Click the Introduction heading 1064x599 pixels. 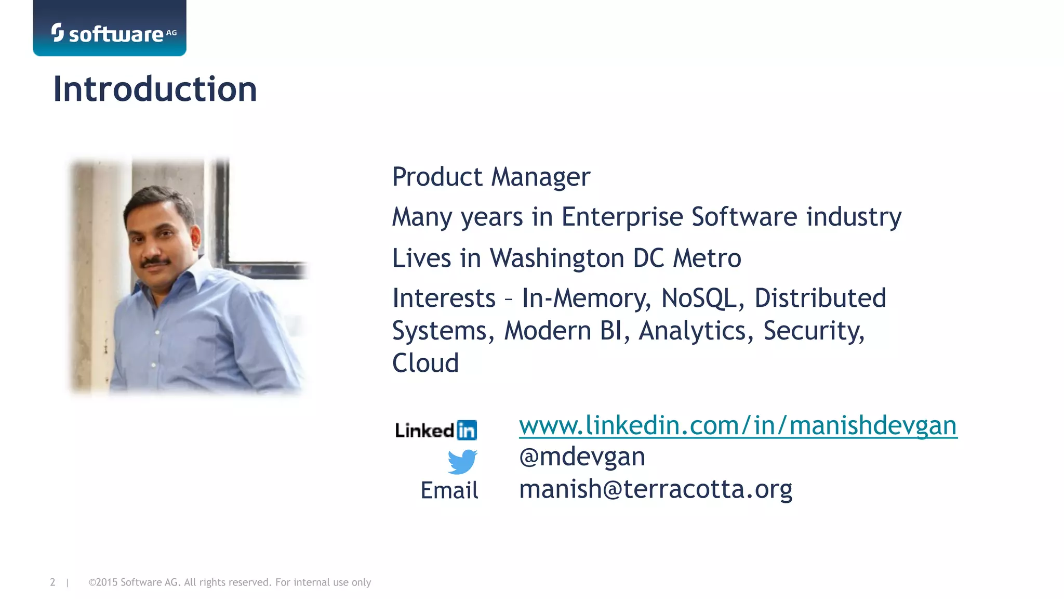[155, 89]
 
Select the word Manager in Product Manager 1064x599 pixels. [540, 177]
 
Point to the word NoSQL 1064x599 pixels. [702, 298]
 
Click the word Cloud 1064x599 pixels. [425, 363]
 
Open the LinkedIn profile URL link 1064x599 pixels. [738, 425]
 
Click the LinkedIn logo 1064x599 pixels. [436, 430]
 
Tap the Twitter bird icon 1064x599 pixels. [462, 461]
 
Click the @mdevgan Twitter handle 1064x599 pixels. [582, 457]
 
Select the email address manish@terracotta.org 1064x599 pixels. [656, 489]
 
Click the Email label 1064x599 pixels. [449, 490]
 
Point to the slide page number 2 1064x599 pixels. [52, 582]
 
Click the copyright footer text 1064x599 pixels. [230, 582]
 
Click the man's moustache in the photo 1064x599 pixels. [156, 262]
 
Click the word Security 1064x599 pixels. [813, 331]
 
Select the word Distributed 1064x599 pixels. [820, 298]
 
